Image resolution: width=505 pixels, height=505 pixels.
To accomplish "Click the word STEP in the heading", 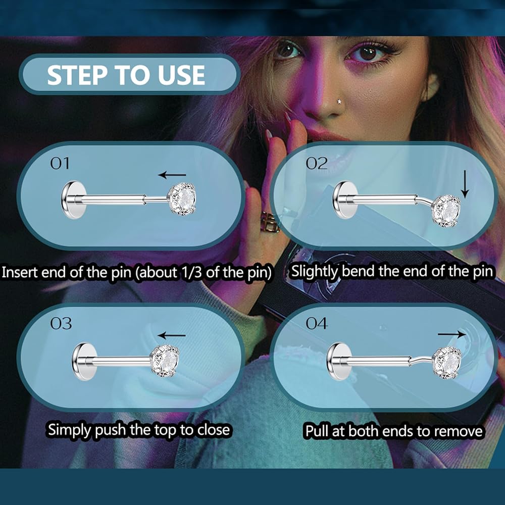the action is [x=77, y=75].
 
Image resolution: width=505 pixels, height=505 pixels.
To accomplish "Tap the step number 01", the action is [x=60, y=163].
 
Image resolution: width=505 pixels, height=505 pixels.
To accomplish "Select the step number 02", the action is [x=317, y=163].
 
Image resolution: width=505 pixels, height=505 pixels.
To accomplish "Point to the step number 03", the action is [x=61, y=324].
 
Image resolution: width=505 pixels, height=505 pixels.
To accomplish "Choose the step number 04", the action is [x=317, y=323].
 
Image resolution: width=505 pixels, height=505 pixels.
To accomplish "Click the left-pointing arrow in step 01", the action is [x=172, y=175].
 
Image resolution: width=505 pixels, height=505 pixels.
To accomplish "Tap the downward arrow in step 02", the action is [x=465, y=184].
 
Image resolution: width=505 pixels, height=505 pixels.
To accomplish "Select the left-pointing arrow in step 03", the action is [x=172, y=335].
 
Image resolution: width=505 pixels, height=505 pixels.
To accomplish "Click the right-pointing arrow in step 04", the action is [x=451, y=334].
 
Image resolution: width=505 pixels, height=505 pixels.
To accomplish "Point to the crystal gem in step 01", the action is [x=183, y=198].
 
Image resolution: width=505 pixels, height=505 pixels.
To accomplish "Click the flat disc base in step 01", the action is [x=73, y=199].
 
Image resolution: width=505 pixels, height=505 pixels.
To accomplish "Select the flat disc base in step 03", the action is [x=84, y=362].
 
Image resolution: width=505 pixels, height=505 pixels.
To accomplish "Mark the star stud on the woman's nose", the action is [x=339, y=102].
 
